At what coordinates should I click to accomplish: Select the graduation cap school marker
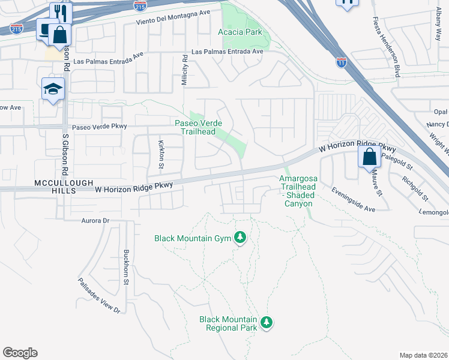[x=53, y=90]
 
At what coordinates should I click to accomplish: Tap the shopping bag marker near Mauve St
[x=370, y=158]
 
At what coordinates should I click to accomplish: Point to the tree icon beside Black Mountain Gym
[x=240, y=238]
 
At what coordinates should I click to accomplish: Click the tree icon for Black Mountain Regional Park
[x=267, y=323]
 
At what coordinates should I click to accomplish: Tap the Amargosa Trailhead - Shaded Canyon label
[x=305, y=191]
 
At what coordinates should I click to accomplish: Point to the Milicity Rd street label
[x=185, y=71]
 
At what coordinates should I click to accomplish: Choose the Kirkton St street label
[x=161, y=154]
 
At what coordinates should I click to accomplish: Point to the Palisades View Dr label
[x=99, y=296]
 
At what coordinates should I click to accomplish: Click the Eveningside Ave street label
[x=353, y=199]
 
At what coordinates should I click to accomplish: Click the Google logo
[x=20, y=353]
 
